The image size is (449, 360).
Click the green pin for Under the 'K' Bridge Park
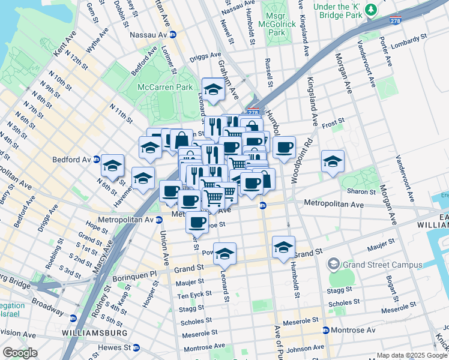point(372,9)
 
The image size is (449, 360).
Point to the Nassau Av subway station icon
point(172,35)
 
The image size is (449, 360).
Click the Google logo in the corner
point(20,353)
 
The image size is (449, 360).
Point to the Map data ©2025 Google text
point(411,355)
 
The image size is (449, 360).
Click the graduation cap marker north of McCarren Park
point(212,90)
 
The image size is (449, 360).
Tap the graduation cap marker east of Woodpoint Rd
point(333,161)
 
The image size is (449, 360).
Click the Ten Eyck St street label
point(194,295)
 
